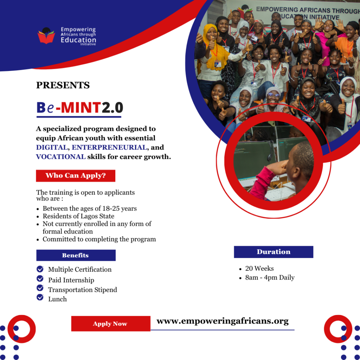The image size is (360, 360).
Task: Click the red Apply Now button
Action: [x=110, y=324]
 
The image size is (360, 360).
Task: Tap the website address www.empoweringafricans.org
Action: [x=222, y=321]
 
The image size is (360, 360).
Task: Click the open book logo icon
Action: [x=46, y=36]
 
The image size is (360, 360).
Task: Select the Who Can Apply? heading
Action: [x=76, y=175]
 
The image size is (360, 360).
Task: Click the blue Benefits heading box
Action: [x=76, y=255]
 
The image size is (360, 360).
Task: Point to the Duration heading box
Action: [x=274, y=252]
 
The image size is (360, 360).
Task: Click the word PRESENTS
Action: [x=63, y=85]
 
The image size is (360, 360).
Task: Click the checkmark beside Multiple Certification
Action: [x=40, y=269]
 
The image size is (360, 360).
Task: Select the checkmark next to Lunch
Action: [x=40, y=297]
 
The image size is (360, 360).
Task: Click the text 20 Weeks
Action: [x=259, y=269]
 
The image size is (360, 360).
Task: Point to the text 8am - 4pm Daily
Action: [x=270, y=277]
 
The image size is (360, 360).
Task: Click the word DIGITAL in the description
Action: [x=52, y=148]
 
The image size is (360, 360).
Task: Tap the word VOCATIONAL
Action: [x=60, y=157]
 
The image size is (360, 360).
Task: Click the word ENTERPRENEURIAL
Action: [x=109, y=148]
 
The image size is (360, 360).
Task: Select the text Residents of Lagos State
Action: [x=78, y=216]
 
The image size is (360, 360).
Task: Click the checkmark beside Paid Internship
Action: [x=40, y=279]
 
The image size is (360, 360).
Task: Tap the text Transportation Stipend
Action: [x=83, y=290]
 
